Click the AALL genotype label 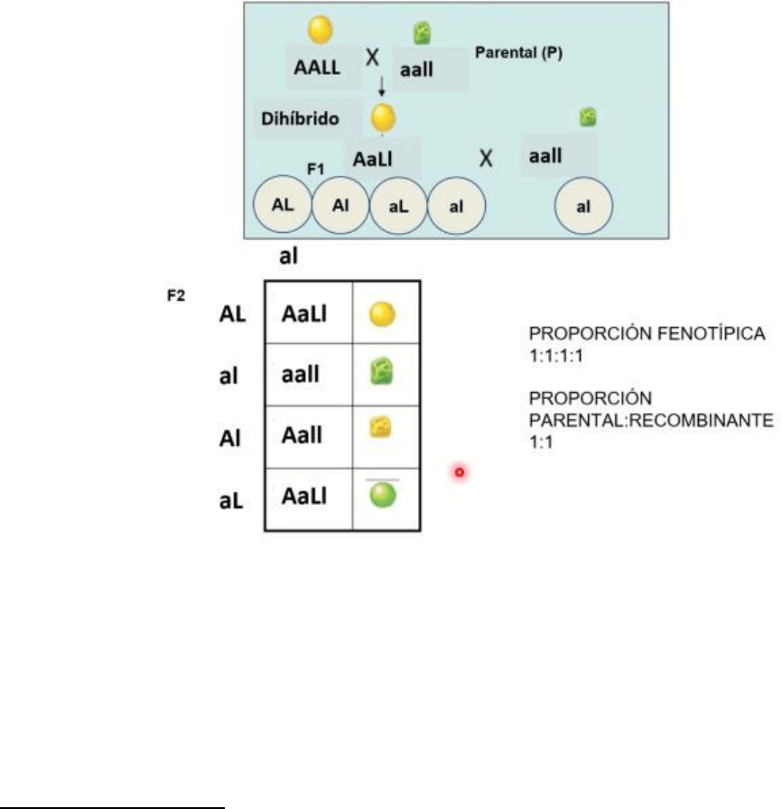[318, 67]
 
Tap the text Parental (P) [518, 52]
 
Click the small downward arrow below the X [381, 87]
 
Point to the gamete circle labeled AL [283, 205]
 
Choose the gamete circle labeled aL [399, 206]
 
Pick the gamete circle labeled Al [340, 206]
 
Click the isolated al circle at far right [584, 206]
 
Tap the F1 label [315, 167]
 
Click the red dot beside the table [459, 471]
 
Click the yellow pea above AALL [320, 31]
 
